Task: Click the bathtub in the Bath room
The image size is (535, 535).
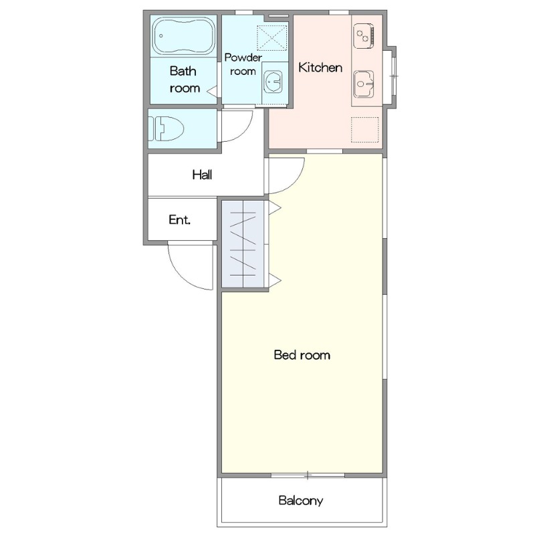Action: point(185,36)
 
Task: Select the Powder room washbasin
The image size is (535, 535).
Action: point(273,82)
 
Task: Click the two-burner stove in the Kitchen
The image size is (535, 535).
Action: point(364,36)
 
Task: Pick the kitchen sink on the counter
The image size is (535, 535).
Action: point(364,84)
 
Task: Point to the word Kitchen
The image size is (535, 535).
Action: point(320,68)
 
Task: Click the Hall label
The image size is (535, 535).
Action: point(202,175)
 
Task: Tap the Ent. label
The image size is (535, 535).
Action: point(179,220)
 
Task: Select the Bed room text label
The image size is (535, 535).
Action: point(302,355)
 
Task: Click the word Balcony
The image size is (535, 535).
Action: point(300,500)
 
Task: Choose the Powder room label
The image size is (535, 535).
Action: point(243,64)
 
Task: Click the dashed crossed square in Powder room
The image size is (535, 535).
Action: point(272,38)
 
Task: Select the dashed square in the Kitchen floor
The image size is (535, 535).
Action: point(364,129)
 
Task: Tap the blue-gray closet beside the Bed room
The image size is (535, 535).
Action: point(243,244)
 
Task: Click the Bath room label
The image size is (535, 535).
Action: point(185,80)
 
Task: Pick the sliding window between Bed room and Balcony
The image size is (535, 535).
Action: point(308,475)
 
